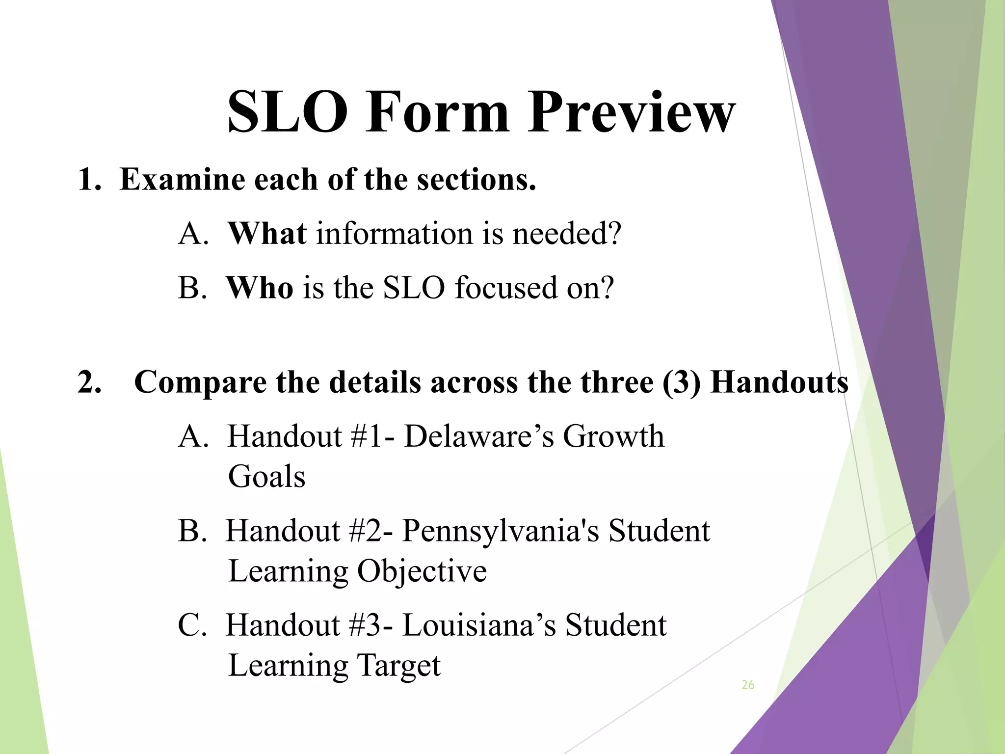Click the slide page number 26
tap(748, 685)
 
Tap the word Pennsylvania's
tap(501, 531)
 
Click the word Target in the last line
tap(398, 666)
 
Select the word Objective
tap(422, 571)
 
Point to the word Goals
tap(266, 477)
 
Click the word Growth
tap(613, 436)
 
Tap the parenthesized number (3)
tap(681, 382)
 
